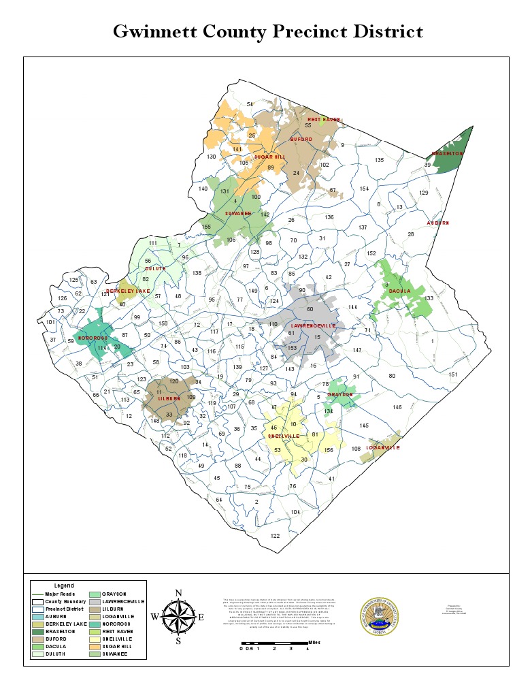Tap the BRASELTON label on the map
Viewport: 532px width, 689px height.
point(448,154)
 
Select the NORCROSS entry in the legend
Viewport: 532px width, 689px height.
point(117,624)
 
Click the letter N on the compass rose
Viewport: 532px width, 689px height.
point(178,592)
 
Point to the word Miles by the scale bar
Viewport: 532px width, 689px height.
point(314,641)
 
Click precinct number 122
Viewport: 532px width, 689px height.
point(275,536)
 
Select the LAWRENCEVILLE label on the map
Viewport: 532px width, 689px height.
point(314,326)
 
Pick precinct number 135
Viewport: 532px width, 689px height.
point(380,160)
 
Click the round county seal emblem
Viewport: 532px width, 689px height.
point(380,617)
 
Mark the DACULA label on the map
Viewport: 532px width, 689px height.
point(400,291)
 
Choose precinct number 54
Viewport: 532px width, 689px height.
point(250,104)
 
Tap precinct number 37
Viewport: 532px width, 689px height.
point(53,340)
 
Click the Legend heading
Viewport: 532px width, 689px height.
point(64,586)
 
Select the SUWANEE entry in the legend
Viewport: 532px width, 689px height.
point(116,654)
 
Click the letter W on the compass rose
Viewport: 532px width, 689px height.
point(154,617)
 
